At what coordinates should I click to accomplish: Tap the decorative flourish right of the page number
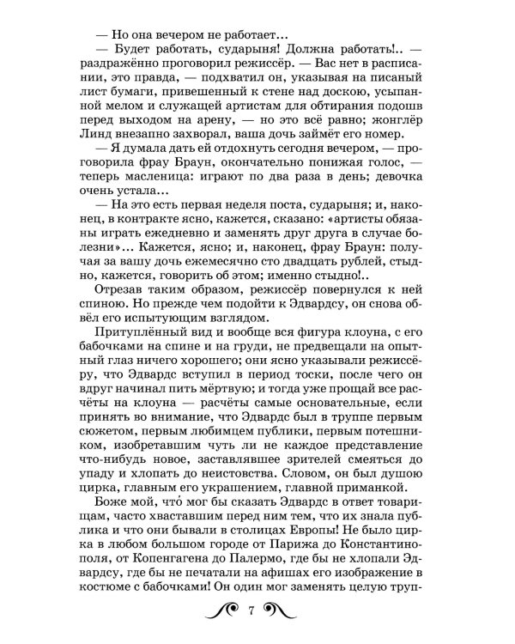tap(282, 611)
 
